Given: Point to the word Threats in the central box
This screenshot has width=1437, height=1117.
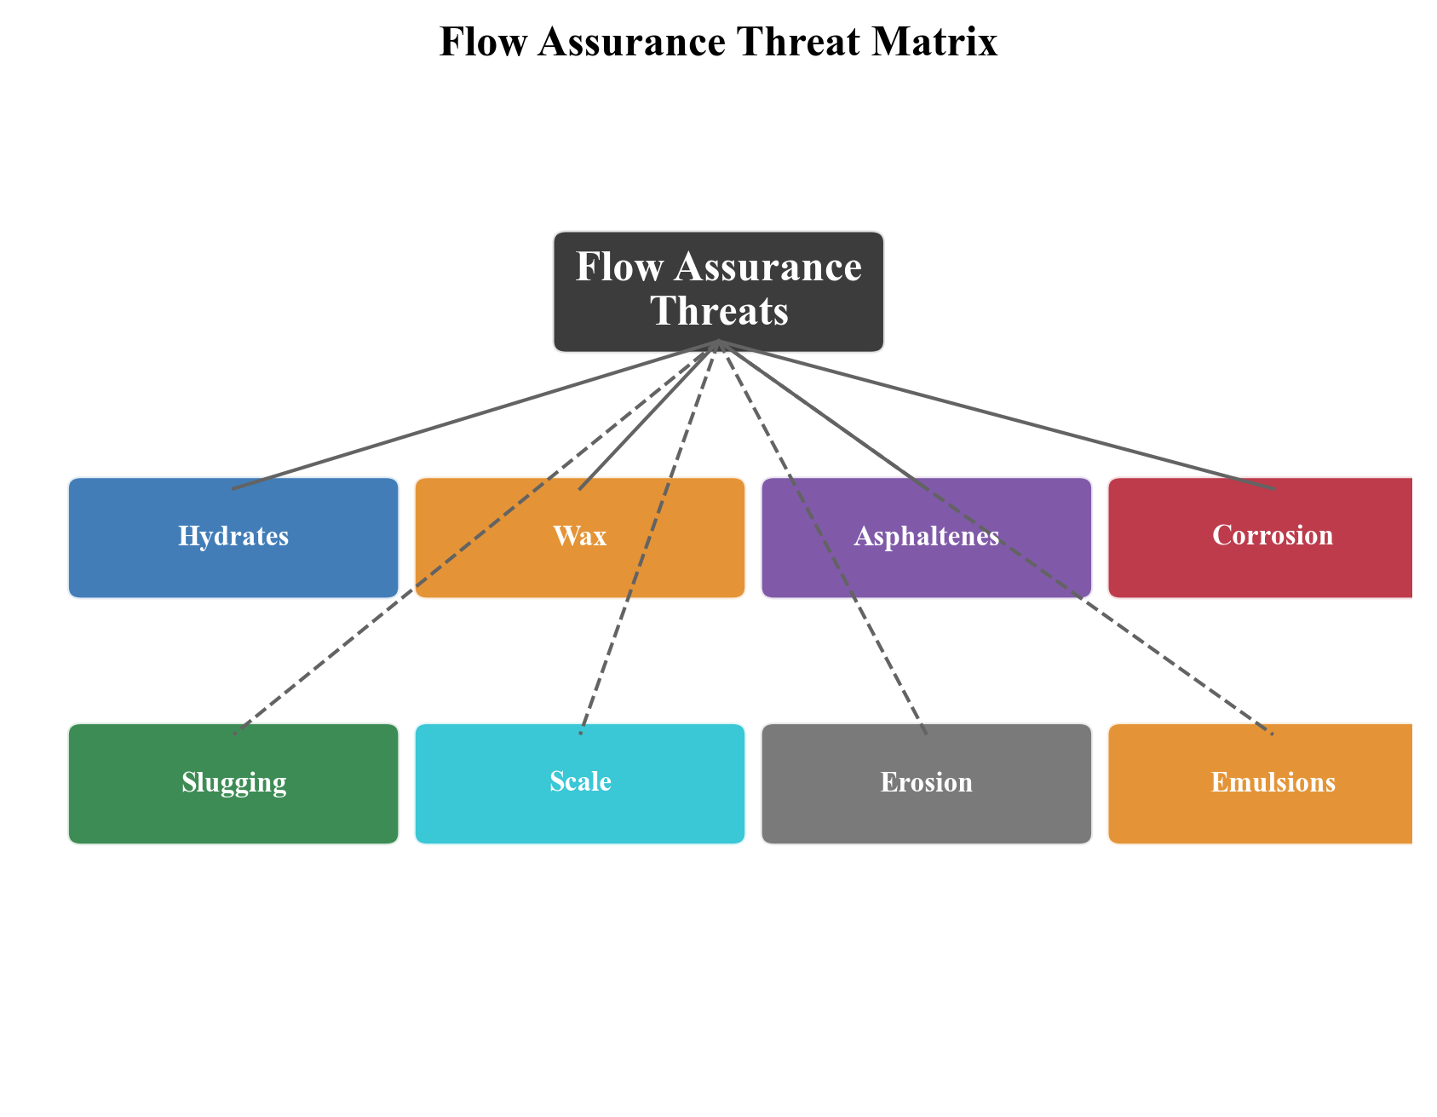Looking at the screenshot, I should tap(719, 312).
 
